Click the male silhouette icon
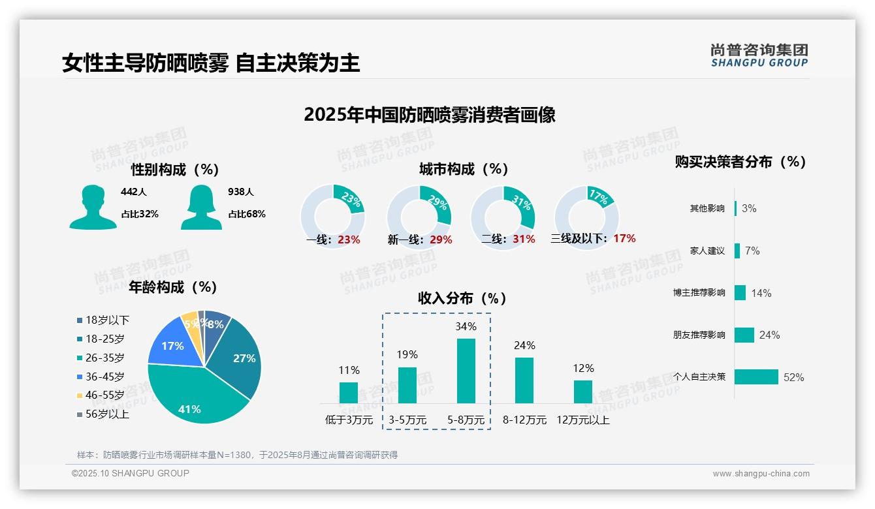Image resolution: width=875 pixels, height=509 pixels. pyautogui.click(x=93, y=207)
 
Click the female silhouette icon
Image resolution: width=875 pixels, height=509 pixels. pyautogui.click(x=201, y=207)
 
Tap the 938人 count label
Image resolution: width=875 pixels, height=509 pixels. pyautogui.click(x=241, y=192)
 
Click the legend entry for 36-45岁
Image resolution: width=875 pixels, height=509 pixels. pyautogui.click(x=104, y=377)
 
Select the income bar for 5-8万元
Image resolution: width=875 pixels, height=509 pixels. pyautogui.click(x=466, y=371)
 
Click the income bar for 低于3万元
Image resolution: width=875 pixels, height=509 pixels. pyautogui.click(x=349, y=392)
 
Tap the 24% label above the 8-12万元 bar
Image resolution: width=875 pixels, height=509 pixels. pyautogui.click(x=524, y=345)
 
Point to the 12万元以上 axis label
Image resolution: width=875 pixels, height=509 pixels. pyautogui.click(x=582, y=420)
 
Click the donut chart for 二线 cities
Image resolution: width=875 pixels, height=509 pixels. pyautogui.click(x=503, y=217)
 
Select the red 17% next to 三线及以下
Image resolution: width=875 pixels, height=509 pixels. pyautogui.click(x=624, y=239)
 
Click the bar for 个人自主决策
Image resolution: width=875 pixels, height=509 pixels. pyautogui.click(x=757, y=377)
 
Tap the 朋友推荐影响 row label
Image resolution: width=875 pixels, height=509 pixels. pyautogui.click(x=699, y=335)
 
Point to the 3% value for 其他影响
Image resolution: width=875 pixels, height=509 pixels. pyautogui.click(x=749, y=208)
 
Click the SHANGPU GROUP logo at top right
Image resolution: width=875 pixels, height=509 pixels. pyautogui.click(x=759, y=55)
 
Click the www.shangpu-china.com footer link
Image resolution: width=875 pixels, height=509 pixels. pyautogui.click(x=761, y=474)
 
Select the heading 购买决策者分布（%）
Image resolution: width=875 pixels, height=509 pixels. pyautogui.click(x=740, y=162)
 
